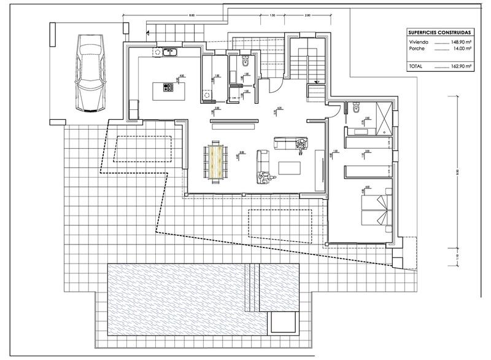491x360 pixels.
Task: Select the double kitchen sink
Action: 169,52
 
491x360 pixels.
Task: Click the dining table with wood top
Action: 215,160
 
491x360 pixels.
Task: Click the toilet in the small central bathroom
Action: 245,61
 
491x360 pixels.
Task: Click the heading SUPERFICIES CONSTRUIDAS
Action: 440,33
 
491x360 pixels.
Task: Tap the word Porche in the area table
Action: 418,51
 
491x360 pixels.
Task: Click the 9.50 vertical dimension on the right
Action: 457,172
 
